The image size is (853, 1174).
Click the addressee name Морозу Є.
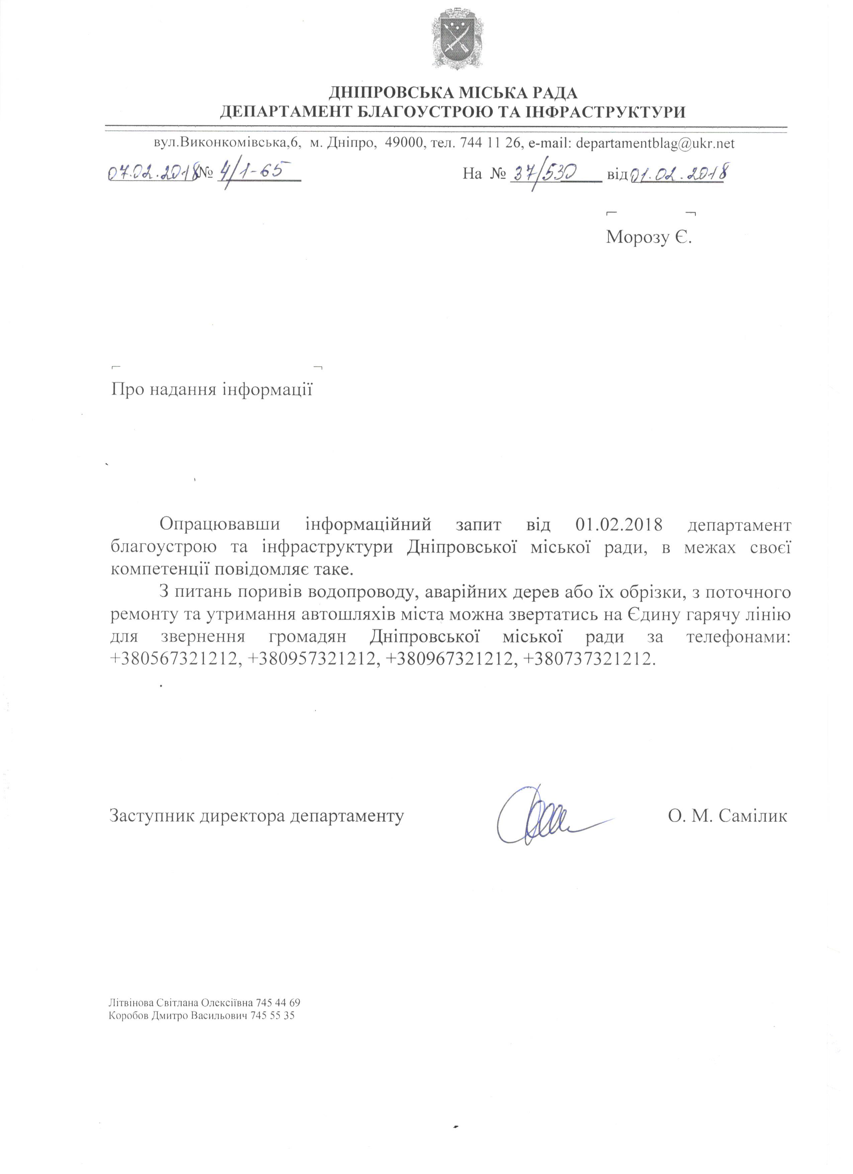pyautogui.click(x=649, y=237)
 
